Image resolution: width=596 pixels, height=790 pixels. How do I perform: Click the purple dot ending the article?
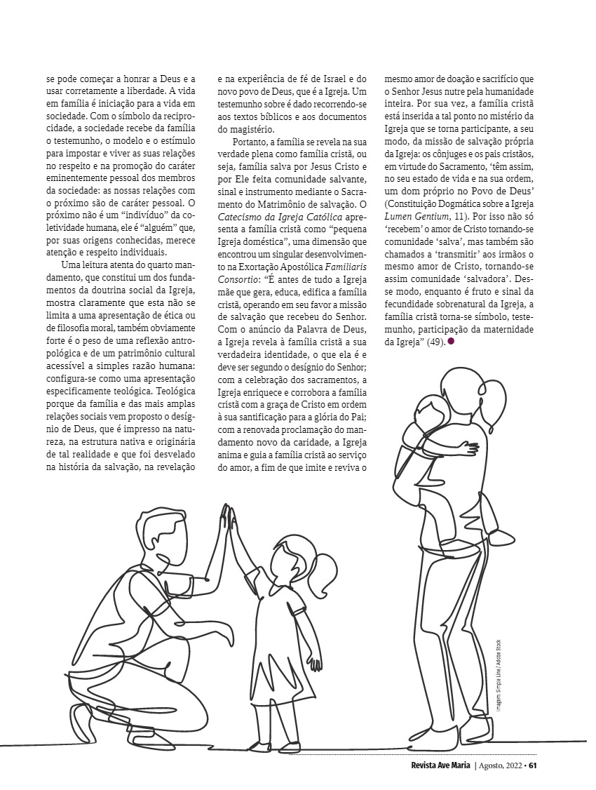(452, 341)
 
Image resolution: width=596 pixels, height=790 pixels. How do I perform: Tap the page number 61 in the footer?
(534, 765)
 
